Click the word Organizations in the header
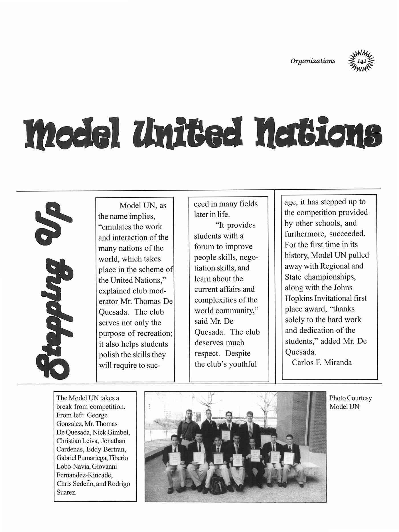pos(313,61)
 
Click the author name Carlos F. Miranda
pos(322,363)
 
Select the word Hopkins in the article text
pos(299,298)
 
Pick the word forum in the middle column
pos(204,246)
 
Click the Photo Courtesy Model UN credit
pos(351,402)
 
